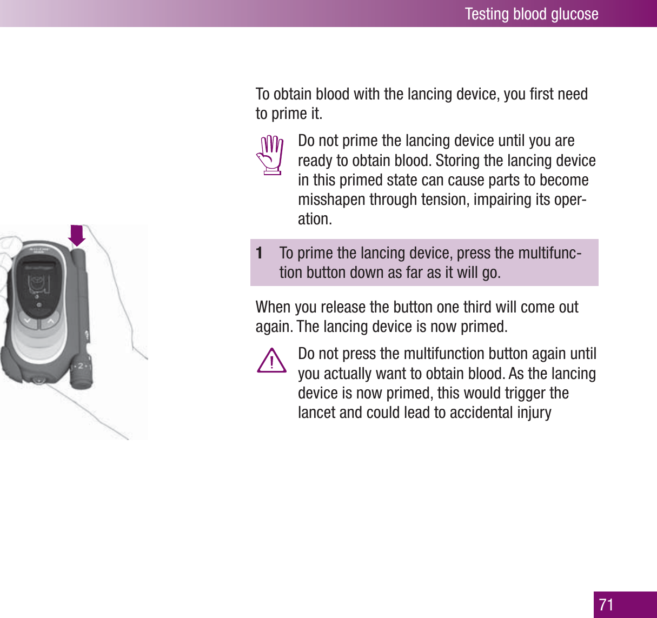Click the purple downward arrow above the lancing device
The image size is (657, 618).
(77, 235)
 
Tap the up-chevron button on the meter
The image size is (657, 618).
(50, 322)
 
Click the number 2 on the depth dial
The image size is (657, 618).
(81, 366)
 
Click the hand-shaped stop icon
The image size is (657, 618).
(270, 155)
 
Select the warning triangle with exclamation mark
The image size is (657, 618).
(271, 361)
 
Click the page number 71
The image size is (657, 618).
(607, 604)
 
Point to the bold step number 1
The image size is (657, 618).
(260, 253)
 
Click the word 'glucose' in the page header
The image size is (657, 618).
(571, 14)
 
